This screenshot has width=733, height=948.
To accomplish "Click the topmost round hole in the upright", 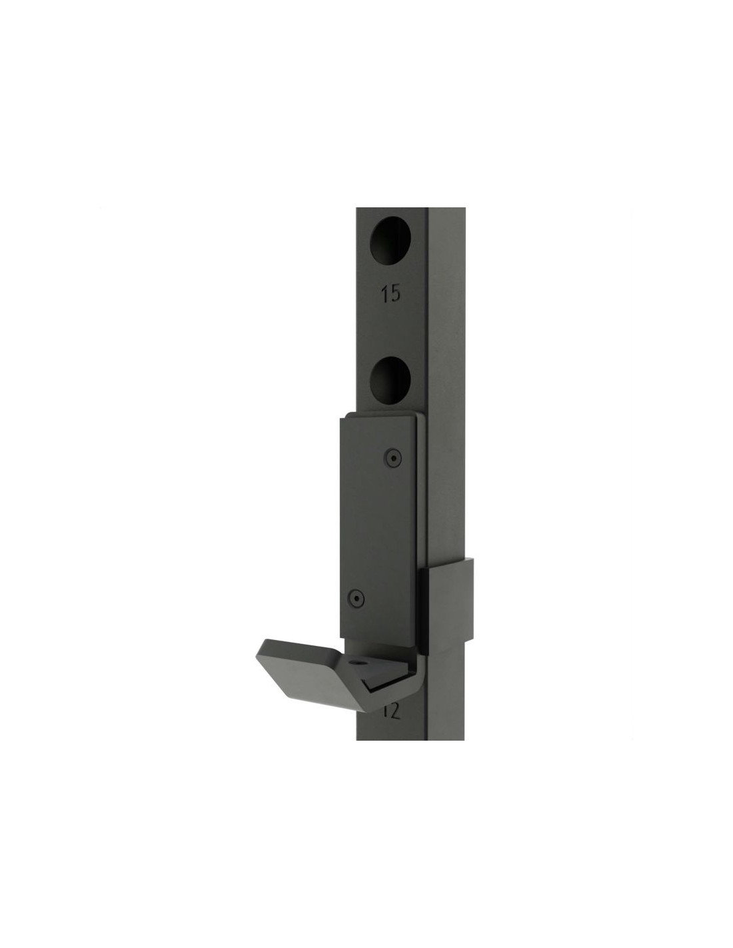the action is [x=390, y=240].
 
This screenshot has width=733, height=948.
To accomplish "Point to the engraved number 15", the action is [x=390, y=294].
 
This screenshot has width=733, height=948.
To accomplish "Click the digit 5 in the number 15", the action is [x=394, y=294].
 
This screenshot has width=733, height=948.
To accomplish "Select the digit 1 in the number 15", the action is [x=385, y=294].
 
